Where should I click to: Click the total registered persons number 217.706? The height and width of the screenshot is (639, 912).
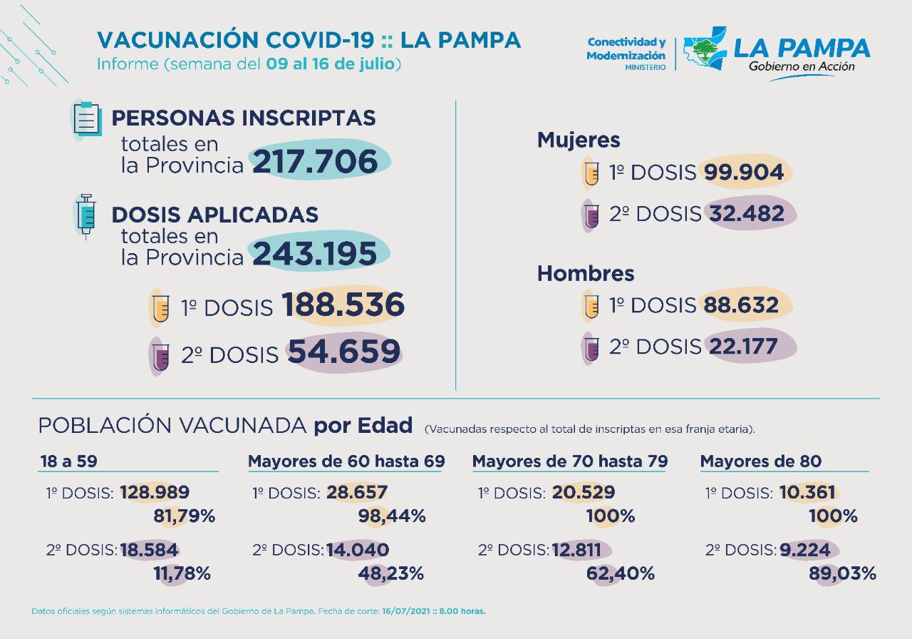click(x=314, y=162)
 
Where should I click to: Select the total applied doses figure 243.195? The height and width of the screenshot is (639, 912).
click(x=314, y=254)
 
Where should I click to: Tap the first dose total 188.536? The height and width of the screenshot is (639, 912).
click(x=343, y=305)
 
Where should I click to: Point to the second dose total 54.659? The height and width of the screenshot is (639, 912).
click(x=343, y=352)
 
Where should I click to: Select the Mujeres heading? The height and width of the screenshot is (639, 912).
click(x=569, y=140)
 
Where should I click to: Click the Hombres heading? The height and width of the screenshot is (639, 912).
click(x=576, y=273)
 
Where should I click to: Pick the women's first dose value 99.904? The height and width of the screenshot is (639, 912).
click(x=744, y=173)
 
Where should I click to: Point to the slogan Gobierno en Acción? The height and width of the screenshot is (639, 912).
click(x=802, y=66)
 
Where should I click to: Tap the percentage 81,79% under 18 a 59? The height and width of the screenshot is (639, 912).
click(x=185, y=516)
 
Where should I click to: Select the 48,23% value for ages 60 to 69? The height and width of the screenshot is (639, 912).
click(x=395, y=573)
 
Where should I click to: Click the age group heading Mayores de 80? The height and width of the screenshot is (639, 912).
click(x=761, y=461)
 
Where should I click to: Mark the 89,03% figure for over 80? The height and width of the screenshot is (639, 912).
click(x=842, y=573)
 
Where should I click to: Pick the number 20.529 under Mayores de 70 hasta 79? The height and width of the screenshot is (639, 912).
click(x=583, y=492)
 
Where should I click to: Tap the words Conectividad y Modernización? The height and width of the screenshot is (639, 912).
click(x=626, y=49)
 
